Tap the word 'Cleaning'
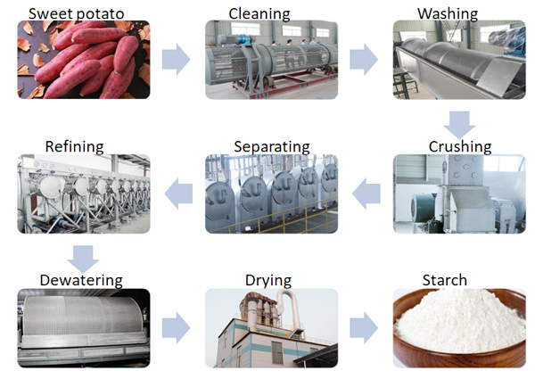259,13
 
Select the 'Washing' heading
448,13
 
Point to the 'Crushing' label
459,145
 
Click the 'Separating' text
271,145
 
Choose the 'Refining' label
75,145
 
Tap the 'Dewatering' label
80,280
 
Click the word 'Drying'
267,280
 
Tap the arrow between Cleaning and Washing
363,59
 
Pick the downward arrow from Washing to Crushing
460,123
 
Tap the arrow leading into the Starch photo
363,327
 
